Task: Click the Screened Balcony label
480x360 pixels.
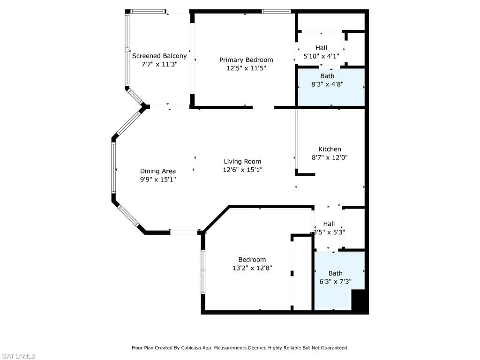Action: [159, 56]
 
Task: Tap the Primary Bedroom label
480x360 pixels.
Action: [246, 60]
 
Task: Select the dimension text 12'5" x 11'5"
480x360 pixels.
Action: [246, 68]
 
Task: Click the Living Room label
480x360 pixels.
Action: [242, 162]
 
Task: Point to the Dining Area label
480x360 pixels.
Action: [158, 171]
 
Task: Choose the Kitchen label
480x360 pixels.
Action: [330, 149]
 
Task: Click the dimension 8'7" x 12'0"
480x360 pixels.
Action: [330, 158]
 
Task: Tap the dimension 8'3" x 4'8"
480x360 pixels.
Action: [327, 85]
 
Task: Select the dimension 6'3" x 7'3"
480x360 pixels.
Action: [335, 282]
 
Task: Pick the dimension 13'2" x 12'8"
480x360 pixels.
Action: [252, 268]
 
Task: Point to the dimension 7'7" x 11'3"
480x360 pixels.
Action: [159, 64]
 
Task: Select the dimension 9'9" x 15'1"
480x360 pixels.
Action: [158, 180]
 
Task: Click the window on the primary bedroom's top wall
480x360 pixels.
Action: [276, 11]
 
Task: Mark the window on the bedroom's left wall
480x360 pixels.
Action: [203, 272]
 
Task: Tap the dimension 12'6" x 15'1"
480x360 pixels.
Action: [242, 170]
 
